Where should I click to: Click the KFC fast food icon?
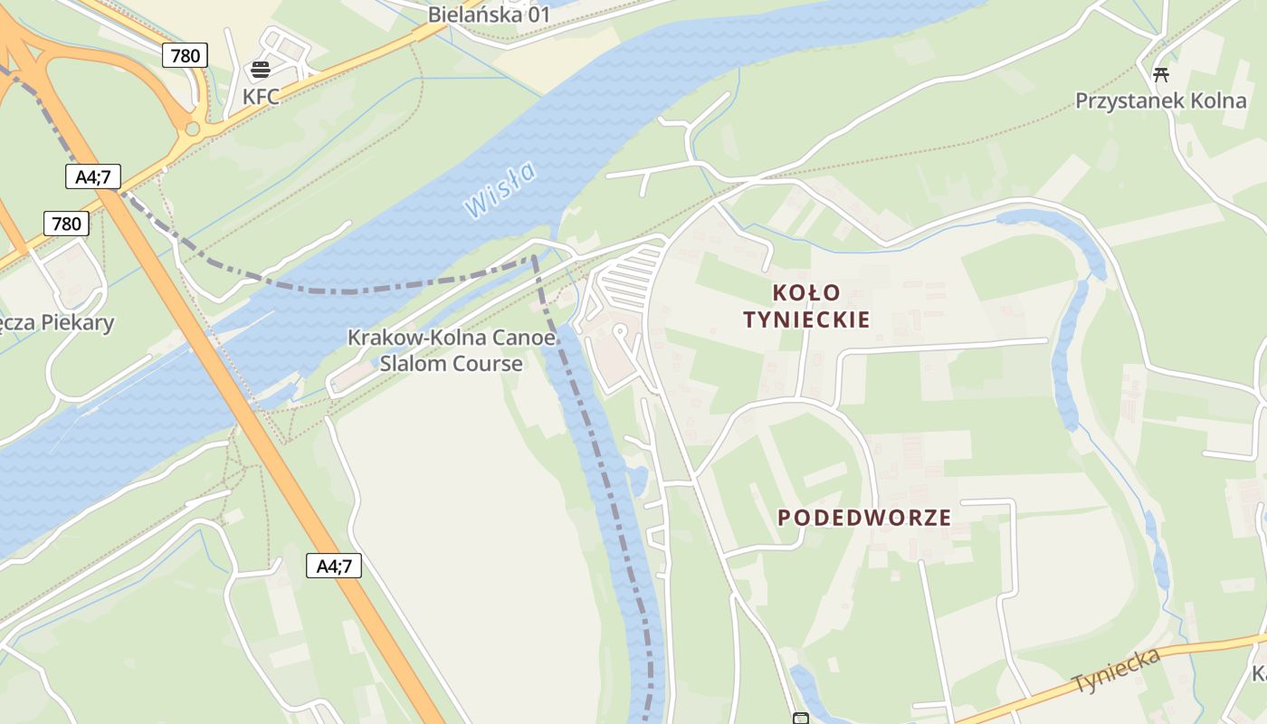pyautogui.click(x=261, y=69)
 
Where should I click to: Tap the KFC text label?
pyautogui.click(x=261, y=96)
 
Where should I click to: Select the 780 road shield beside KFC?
pyautogui.click(x=186, y=56)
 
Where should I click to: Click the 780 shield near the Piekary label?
pyautogui.click(x=66, y=224)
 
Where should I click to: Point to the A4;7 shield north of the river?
pyautogui.click(x=92, y=176)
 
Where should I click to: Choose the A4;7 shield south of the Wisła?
pyautogui.click(x=334, y=567)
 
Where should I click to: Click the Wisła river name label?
pyautogui.click(x=500, y=189)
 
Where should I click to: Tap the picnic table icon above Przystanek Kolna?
pyautogui.click(x=1160, y=74)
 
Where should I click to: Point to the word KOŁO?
pyautogui.click(x=806, y=293)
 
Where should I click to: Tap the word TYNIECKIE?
pyautogui.click(x=806, y=319)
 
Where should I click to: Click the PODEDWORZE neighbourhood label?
pyautogui.click(x=864, y=518)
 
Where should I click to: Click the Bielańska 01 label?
pyautogui.click(x=489, y=14)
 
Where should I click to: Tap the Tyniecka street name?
pyautogui.click(x=1115, y=671)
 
